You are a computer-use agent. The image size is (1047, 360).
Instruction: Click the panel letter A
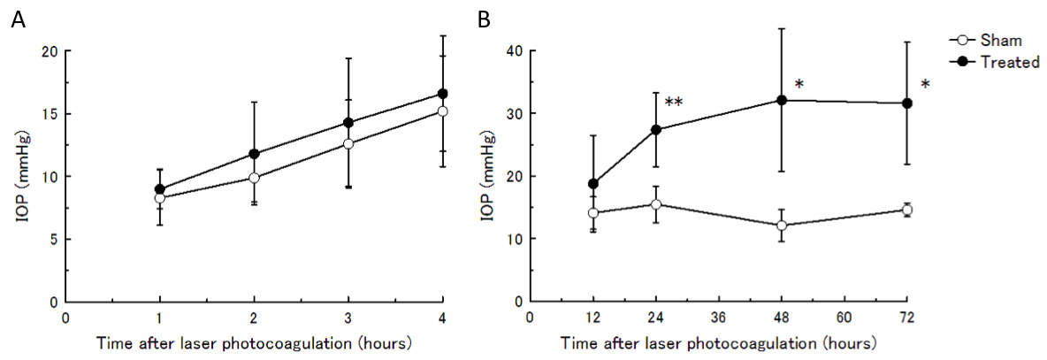click(17, 19)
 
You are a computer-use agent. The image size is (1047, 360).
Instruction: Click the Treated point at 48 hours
click(782, 100)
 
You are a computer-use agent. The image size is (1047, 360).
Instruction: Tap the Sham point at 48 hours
click(782, 226)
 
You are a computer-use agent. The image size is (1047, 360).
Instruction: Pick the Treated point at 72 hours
click(907, 103)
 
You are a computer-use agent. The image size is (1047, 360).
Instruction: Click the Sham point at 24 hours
click(656, 204)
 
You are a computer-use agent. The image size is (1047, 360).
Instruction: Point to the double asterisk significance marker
click(674, 103)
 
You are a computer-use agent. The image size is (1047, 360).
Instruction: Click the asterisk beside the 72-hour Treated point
click(925, 85)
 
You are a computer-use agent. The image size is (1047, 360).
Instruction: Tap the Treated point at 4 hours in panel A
click(443, 94)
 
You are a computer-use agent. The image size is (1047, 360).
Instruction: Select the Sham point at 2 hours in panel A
click(255, 178)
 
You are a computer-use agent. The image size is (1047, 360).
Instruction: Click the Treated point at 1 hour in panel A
click(160, 189)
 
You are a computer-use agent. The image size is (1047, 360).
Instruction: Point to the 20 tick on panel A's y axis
click(50, 51)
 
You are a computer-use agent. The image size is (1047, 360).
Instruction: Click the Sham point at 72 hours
click(907, 210)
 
